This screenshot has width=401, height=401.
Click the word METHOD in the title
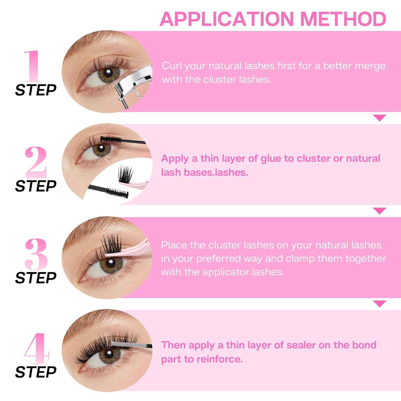pos(343,19)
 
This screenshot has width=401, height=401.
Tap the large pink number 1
pos(33,66)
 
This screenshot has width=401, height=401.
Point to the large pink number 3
pos(36,254)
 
